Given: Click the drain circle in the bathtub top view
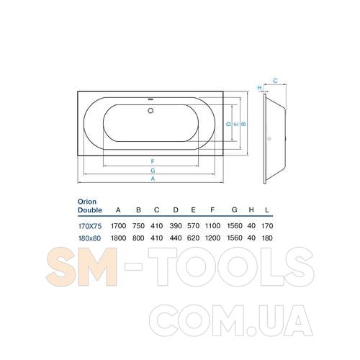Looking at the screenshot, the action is (150, 110).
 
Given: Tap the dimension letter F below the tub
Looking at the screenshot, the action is (153, 161).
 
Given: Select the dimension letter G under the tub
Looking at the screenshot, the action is (153, 171).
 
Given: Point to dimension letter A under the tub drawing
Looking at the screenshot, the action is (153, 179).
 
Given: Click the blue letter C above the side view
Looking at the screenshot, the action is (275, 81).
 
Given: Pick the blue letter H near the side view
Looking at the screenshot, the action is (259, 88).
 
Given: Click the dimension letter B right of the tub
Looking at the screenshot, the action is (243, 124).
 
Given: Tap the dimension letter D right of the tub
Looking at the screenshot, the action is (229, 124).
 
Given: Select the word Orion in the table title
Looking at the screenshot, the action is (87, 202).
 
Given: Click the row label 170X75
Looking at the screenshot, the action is (90, 226).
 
